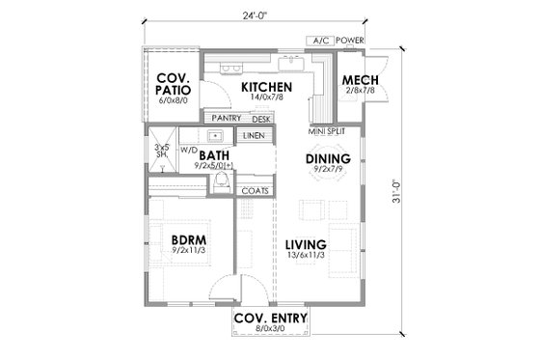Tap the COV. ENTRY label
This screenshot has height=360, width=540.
(x=269, y=318)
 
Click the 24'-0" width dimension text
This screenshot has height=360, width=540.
(x=269, y=14)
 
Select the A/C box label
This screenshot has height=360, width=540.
(x=318, y=41)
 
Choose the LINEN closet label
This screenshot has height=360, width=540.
(x=253, y=136)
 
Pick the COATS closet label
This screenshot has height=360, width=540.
(x=253, y=191)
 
